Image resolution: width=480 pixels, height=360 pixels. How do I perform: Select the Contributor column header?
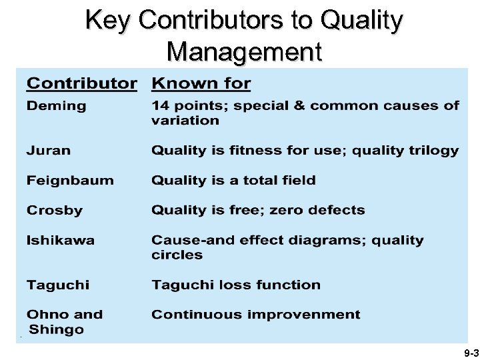[x=81, y=84]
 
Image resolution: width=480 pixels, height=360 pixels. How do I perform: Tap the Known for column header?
[x=201, y=84]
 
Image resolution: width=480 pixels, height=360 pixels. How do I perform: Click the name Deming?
[x=57, y=106]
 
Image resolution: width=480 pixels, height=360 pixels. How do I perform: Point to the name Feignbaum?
[x=70, y=181]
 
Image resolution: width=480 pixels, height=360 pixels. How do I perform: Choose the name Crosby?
[x=55, y=211]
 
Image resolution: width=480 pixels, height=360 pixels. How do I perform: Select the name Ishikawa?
[x=61, y=240]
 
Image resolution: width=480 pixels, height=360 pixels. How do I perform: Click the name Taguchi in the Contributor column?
[x=57, y=285]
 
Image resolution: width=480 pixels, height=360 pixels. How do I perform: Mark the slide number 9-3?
[x=470, y=352]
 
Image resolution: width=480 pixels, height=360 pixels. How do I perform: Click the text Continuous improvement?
[x=256, y=315]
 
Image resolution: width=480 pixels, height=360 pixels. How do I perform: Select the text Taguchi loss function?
[x=236, y=285]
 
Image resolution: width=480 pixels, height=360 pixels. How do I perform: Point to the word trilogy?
[x=433, y=151]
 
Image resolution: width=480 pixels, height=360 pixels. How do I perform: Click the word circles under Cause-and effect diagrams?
[x=177, y=255]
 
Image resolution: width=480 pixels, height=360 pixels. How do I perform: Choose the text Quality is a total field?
[x=233, y=181]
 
